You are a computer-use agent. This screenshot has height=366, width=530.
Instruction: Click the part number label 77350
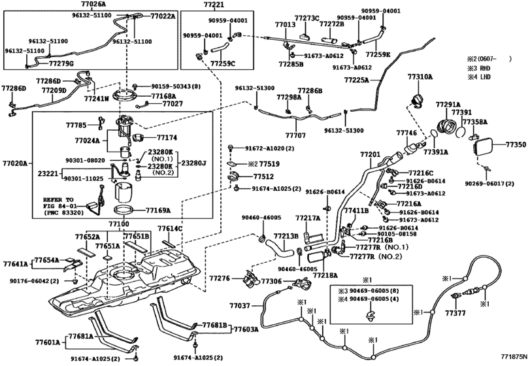(516, 143)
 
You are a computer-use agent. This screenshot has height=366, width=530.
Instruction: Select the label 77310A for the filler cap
(421, 77)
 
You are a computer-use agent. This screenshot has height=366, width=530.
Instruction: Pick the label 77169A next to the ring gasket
(158, 210)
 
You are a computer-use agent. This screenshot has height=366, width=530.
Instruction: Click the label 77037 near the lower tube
(239, 305)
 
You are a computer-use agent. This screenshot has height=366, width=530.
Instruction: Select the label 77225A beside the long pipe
(357, 80)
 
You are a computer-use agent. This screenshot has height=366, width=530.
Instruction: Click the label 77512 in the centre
(263, 176)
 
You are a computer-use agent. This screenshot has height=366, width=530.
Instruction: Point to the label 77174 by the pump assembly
(167, 138)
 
